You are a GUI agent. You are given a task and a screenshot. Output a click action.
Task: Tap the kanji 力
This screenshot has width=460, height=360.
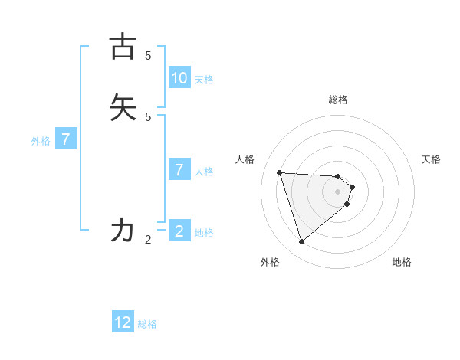(x=123, y=230)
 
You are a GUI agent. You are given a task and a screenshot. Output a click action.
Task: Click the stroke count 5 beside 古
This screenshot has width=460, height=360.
(x=148, y=56)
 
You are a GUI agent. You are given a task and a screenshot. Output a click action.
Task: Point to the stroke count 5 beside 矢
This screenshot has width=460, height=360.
(x=148, y=116)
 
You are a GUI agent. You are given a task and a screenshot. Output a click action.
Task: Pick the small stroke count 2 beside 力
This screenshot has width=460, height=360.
(x=148, y=240)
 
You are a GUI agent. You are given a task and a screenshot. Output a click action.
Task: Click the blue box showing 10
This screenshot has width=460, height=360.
(x=179, y=78)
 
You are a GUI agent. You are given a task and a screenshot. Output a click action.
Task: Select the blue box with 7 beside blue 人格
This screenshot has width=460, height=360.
(x=179, y=170)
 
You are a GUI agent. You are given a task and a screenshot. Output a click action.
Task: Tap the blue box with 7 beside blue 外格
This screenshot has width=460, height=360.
(x=67, y=139)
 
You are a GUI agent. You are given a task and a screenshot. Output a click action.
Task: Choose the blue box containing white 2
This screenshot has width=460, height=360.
(x=179, y=231)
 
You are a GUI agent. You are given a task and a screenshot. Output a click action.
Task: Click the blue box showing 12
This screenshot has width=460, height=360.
(x=123, y=322)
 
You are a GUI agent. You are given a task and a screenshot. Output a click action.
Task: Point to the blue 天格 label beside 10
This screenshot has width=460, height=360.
(x=204, y=80)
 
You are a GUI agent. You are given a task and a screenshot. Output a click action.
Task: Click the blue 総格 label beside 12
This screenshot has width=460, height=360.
(x=147, y=324)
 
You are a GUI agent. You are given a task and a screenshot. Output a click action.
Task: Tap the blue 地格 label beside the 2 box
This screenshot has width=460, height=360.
(x=204, y=233)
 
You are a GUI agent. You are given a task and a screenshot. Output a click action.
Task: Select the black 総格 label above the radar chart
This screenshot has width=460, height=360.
(x=338, y=100)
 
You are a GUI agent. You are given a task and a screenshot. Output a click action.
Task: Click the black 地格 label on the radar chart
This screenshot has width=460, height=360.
(x=402, y=262)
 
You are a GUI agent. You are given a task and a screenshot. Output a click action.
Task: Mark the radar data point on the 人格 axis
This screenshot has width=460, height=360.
(x=280, y=172)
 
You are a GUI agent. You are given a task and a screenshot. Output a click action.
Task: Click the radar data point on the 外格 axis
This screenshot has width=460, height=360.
(x=301, y=242)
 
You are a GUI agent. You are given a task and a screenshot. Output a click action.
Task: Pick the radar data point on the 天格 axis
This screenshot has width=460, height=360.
(x=352, y=187)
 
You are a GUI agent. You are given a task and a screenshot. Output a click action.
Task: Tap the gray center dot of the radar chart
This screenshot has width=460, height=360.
(x=337, y=201)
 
